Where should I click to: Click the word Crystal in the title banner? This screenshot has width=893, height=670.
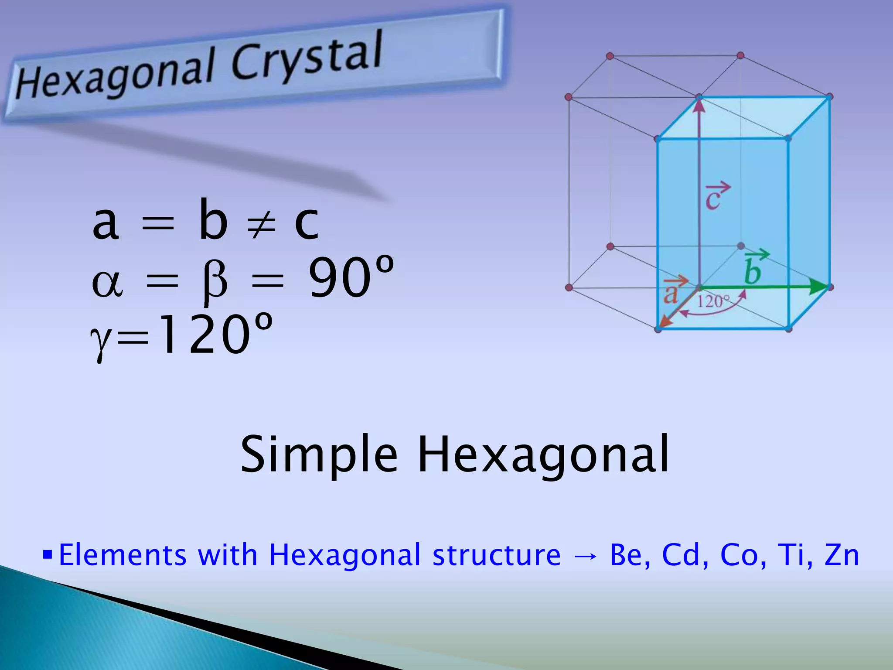pos(307,57)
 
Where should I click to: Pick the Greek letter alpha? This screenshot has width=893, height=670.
pos(107,283)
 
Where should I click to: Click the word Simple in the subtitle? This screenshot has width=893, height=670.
pos(319,455)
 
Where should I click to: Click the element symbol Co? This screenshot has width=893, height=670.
pos(739,555)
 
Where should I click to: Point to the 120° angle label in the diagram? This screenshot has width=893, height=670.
pos(712,301)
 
